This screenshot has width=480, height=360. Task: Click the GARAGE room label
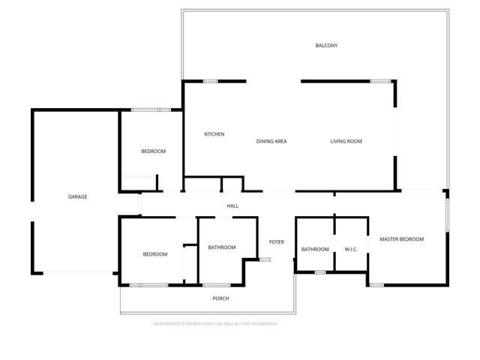pyautogui.click(x=78, y=196)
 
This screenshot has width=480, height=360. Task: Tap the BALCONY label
pyautogui.click(x=326, y=46)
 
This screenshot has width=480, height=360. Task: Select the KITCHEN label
pyautogui.click(x=214, y=134)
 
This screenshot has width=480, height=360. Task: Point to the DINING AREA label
pyautogui.click(x=271, y=141)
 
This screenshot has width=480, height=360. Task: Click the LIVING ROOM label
pyautogui.click(x=346, y=141)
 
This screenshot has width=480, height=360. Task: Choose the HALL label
pyautogui.click(x=232, y=205)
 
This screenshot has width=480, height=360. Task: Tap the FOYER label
pyautogui.click(x=277, y=241)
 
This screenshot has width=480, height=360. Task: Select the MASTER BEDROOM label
pyautogui.click(x=401, y=239)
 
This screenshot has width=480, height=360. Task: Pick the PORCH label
pyautogui.click(x=220, y=298)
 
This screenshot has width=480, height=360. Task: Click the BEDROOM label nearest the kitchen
pyautogui.click(x=154, y=151)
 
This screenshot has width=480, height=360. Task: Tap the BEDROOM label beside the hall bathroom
pyautogui.click(x=155, y=254)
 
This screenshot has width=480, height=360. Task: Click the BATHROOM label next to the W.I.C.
pyautogui.click(x=315, y=249)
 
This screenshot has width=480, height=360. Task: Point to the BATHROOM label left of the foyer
pyautogui.click(x=222, y=247)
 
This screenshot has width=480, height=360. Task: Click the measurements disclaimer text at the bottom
pyautogui.click(x=216, y=324)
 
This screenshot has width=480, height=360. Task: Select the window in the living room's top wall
pyautogui.click(x=380, y=81)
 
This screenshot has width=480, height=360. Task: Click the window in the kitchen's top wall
pyautogui.click(x=210, y=81)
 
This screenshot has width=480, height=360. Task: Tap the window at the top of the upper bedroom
pyautogui.click(x=145, y=111)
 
